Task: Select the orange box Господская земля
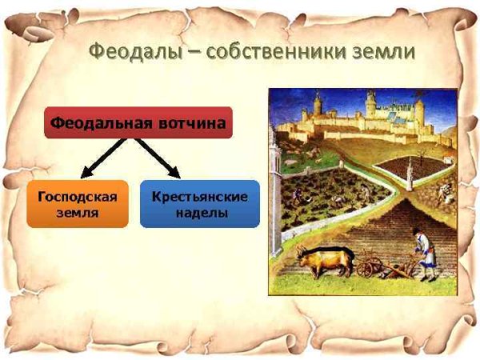pos(77,204)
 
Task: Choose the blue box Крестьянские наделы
pos(199,204)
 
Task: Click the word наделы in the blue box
pos(199,214)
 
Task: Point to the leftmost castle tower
pos(318,104)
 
